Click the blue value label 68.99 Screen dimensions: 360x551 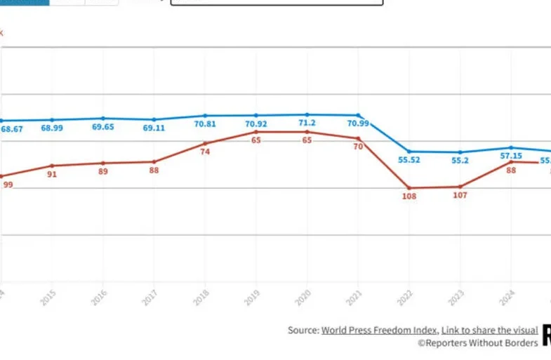point(51,128)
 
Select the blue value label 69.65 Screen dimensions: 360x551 point(102,127)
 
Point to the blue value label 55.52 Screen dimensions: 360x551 point(409,160)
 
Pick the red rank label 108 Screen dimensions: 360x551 point(409,196)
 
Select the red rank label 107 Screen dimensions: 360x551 point(460,195)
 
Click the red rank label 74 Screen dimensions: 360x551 point(205,152)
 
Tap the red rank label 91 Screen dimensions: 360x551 point(52,174)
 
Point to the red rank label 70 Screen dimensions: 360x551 point(358,147)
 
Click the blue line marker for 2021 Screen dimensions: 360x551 point(358,115)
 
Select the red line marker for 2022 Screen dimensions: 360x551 point(409,188)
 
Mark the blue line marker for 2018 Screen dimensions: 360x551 point(205,115)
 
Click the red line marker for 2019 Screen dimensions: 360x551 point(256,132)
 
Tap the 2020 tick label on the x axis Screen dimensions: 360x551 point(303,296)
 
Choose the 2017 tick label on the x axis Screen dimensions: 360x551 point(150,296)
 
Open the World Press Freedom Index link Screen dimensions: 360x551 point(380,330)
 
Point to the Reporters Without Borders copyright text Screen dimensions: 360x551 point(478,342)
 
